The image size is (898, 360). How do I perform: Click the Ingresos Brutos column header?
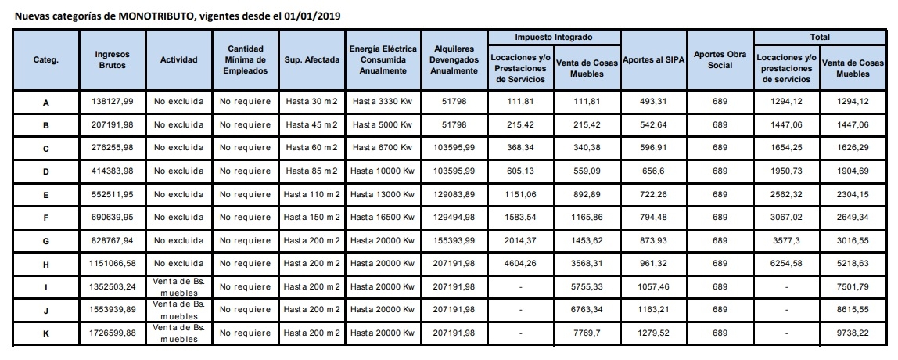click(112, 59)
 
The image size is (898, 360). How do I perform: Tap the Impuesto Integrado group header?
click(553, 37)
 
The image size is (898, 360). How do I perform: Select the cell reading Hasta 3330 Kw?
click(382, 102)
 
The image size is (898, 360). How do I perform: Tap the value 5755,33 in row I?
click(586, 287)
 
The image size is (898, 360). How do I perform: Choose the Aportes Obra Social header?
click(720, 59)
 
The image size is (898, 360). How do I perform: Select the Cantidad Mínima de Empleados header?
click(245, 59)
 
